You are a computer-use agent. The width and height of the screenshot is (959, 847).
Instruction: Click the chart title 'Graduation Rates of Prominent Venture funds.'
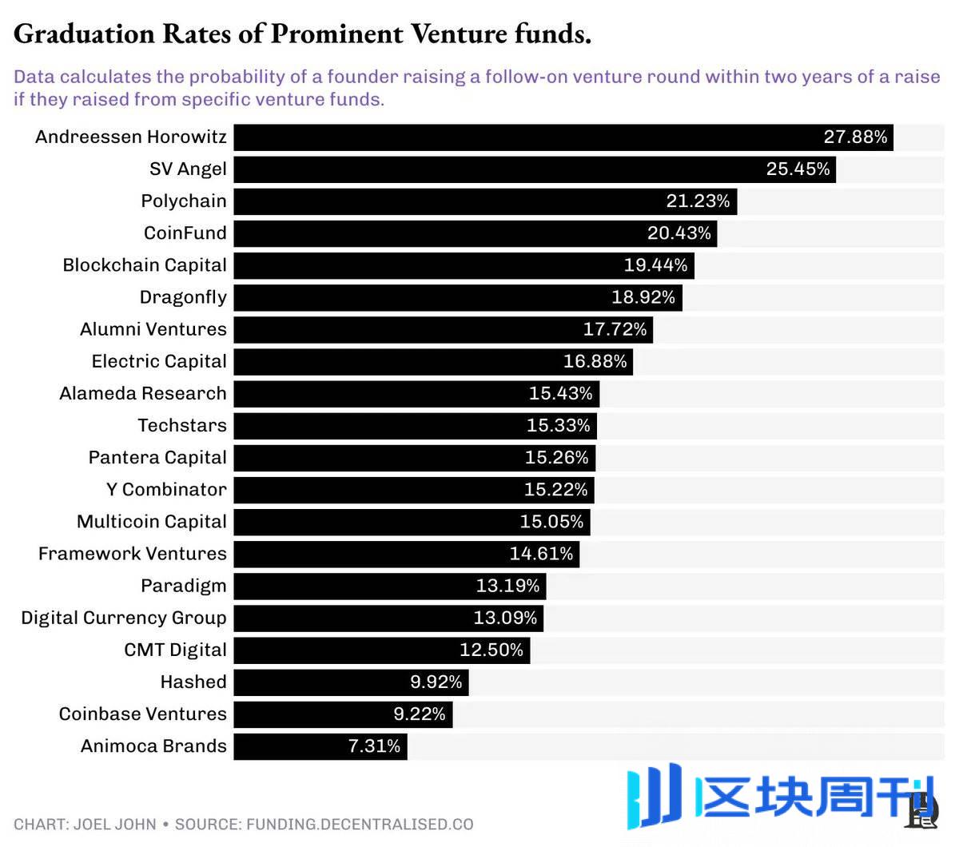click(302, 34)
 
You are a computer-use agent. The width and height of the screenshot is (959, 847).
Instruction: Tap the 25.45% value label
click(798, 169)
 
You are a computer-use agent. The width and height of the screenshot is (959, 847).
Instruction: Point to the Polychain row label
click(184, 201)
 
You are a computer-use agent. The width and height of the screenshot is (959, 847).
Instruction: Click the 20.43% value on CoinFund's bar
click(678, 233)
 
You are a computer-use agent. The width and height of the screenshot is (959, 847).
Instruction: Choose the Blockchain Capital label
click(145, 265)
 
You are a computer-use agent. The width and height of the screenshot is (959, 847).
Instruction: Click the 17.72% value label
click(615, 329)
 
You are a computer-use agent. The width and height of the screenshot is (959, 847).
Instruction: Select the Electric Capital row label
click(159, 361)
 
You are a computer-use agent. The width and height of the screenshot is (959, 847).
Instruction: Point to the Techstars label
click(182, 425)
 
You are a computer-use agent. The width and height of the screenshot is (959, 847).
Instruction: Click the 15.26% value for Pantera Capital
click(556, 458)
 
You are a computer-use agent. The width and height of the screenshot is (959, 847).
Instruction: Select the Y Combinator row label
click(166, 490)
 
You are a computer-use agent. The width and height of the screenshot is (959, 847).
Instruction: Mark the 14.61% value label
click(541, 554)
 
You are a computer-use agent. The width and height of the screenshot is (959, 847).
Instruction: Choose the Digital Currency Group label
click(124, 618)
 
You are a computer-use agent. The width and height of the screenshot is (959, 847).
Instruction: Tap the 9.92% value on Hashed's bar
click(436, 682)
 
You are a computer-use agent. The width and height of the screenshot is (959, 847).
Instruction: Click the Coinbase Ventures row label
click(143, 714)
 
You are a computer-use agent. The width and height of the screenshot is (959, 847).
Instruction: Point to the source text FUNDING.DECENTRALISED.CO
click(360, 825)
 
